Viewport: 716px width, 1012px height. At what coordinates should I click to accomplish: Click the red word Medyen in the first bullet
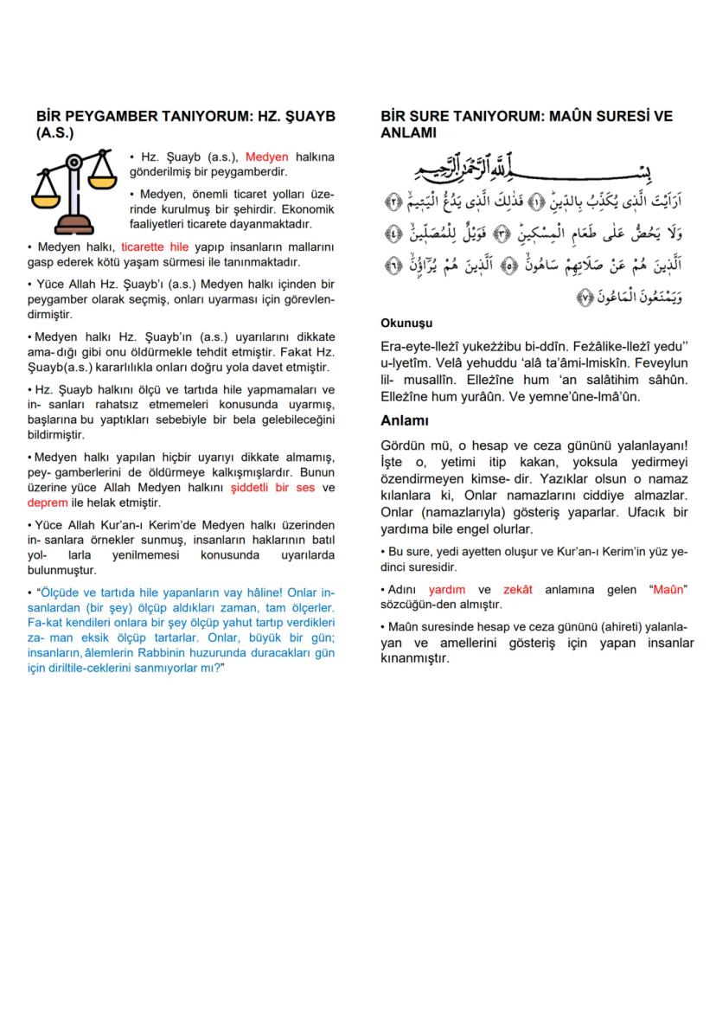(267, 157)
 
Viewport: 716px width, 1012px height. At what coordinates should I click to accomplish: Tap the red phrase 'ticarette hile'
(155, 247)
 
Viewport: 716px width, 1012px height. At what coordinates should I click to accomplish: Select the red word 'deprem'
(48, 502)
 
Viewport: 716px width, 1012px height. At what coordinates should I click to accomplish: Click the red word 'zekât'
(518, 589)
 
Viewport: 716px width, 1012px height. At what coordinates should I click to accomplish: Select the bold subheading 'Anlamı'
(405, 420)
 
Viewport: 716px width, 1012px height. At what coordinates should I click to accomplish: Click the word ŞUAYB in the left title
(306, 116)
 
